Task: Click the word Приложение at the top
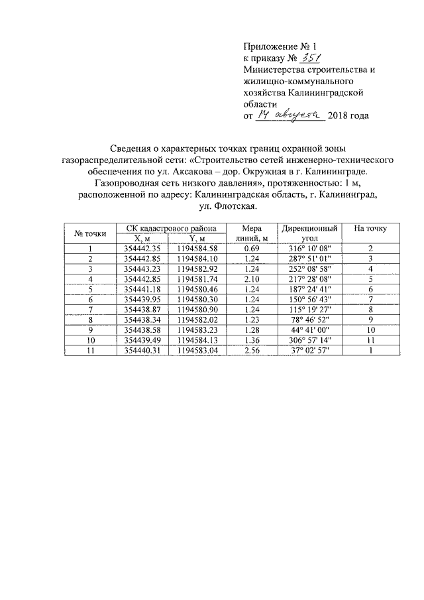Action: (x=268, y=46)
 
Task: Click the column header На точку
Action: (x=370, y=229)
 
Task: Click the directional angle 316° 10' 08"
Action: (x=311, y=249)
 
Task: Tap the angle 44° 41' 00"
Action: (x=311, y=330)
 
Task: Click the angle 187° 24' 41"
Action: (x=311, y=290)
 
